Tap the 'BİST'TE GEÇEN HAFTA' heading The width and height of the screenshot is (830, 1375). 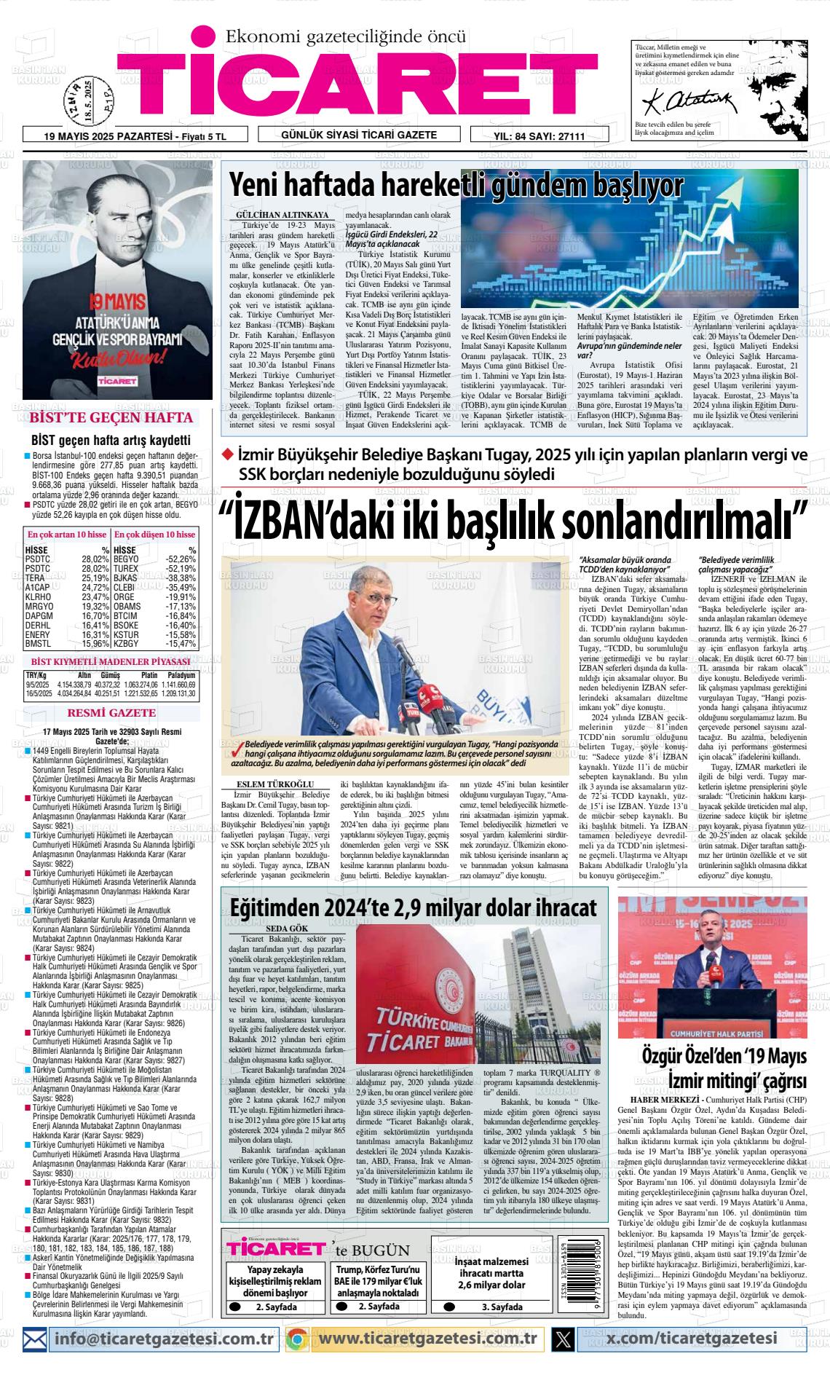111,418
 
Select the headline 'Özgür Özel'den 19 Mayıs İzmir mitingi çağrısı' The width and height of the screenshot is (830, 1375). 723,1068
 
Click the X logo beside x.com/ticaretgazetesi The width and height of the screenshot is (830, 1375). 563,1339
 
